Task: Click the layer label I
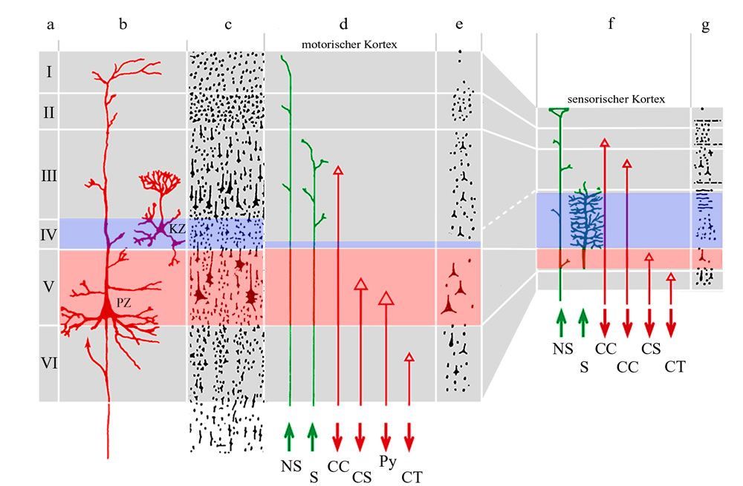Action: [49, 72]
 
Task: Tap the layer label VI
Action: [49, 363]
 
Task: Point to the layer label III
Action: [49, 176]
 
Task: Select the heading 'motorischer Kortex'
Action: [349, 45]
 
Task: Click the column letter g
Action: [704, 25]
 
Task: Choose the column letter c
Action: [228, 25]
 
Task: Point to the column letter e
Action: [459, 25]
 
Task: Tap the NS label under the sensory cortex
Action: [562, 347]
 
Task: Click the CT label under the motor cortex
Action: [412, 477]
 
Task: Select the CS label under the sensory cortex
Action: [651, 347]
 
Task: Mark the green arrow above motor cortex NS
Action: [290, 433]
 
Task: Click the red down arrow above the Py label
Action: [386, 433]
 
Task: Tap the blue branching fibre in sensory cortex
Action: [588, 223]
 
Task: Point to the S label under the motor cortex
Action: [314, 477]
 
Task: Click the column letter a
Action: [50, 25]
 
